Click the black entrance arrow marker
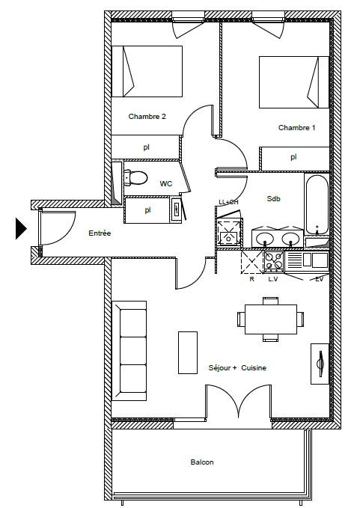(x=21, y=228)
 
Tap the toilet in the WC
(x=135, y=177)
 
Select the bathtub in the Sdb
(x=317, y=204)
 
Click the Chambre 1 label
(x=296, y=128)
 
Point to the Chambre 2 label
(x=147, y=116)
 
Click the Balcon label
(x=202, y=462)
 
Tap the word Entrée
(x=100, y=233)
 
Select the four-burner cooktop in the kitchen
(x=274, y=261)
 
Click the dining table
(x=271, y=319)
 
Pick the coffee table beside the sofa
(x=188, y=352)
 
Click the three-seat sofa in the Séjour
(x=129, y=351)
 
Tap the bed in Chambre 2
(x=147, y=71)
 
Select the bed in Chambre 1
(x=294, y=82)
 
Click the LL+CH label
(x=228, y=202)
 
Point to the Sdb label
(x=273, y=198)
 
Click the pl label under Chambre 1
(x=293, y=157)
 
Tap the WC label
(x=166, y=184)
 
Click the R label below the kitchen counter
(x=251, y=279)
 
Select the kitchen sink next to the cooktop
(x=307, y=260)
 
